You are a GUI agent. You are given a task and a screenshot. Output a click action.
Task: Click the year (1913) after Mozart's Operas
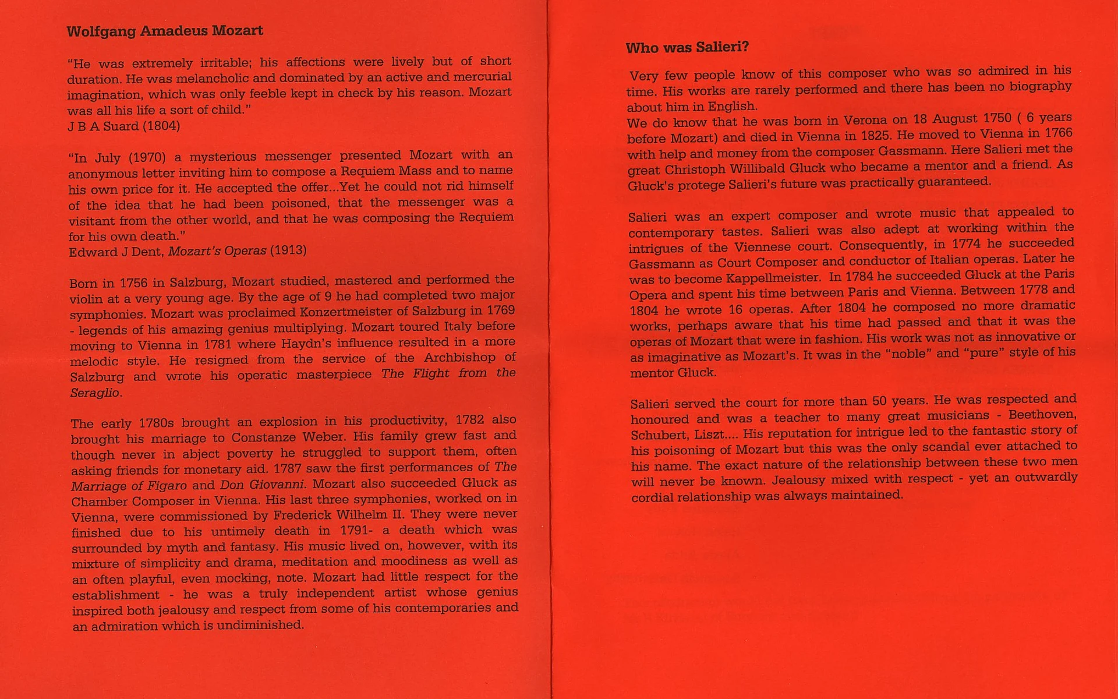point(288,250)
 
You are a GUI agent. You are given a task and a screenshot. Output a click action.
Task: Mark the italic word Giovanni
point(277,485)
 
